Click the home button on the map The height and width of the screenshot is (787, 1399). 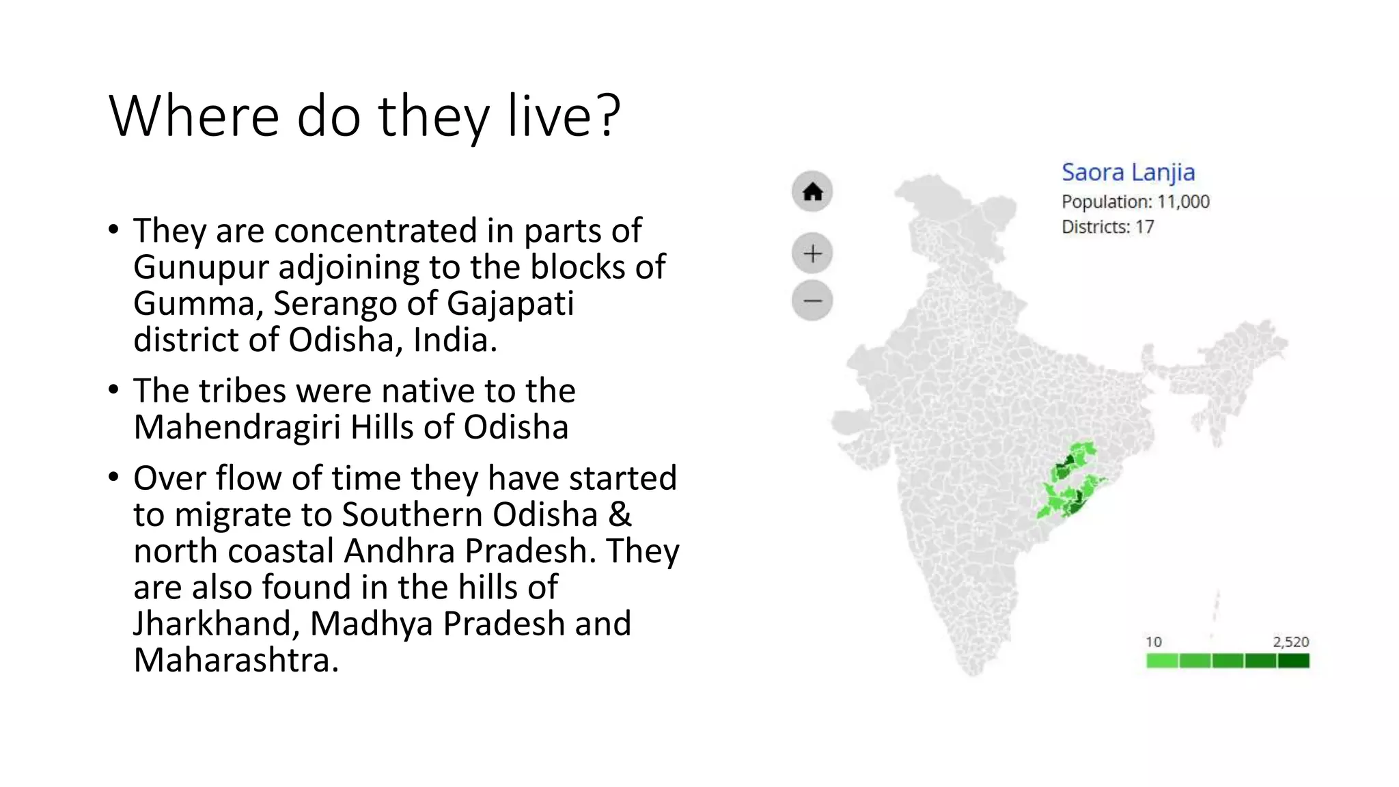click(x=812, y=192)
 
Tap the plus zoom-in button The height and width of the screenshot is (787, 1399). click(x=812, y=254)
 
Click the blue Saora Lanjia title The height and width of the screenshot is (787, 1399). click(x=1128, y=172)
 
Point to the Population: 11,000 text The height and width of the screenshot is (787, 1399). click(x=1135, y=202)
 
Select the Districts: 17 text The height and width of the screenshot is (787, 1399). click(x=1107, y=227)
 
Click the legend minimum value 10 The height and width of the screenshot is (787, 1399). click(x=1154, y=641)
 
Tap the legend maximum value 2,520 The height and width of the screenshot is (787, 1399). click(x=1290, y=641)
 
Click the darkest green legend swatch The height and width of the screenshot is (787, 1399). click(x=1293, y=661)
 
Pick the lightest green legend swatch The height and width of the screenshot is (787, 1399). click(x=1162, y=661)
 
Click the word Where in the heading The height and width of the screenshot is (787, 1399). click(x=194, y=116)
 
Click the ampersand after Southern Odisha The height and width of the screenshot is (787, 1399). click(x=619, y=514)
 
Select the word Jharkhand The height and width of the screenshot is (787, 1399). click(x=217, y=624)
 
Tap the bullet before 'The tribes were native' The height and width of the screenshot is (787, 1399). click(x=113, y=390)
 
